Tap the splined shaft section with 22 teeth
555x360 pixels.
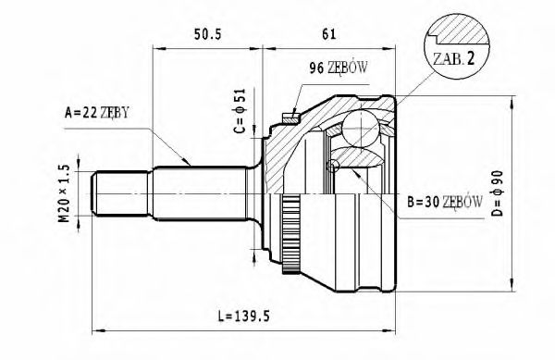[199, 192]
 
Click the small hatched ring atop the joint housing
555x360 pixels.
[289, 117]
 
